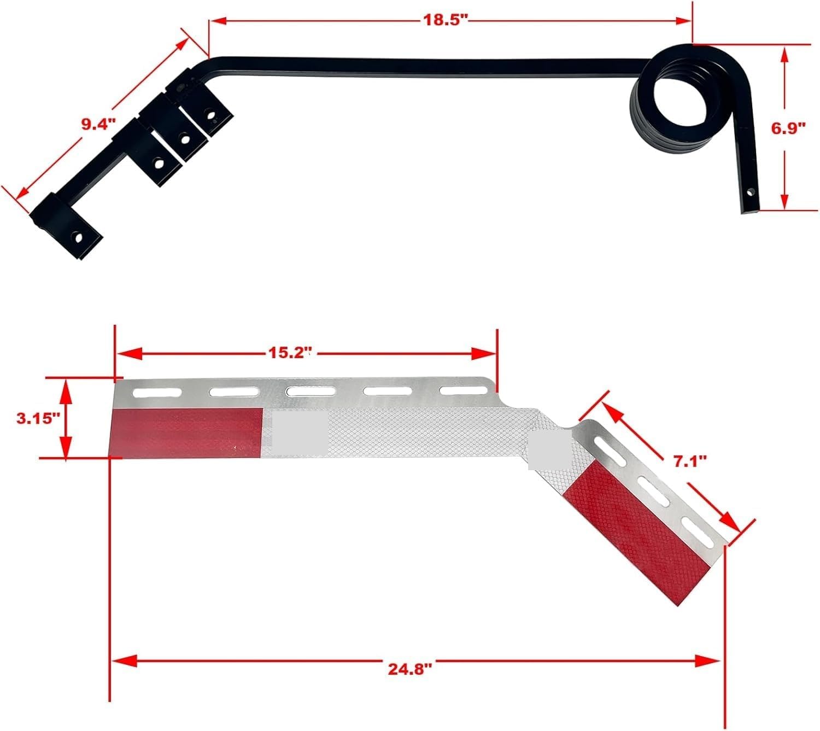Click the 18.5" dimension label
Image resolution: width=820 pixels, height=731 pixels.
coord(446,21)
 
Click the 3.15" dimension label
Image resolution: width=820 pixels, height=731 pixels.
coord(38,419)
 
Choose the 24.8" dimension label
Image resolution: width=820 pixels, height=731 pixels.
coord(410,669)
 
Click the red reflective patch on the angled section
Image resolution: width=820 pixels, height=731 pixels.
coord(637,525)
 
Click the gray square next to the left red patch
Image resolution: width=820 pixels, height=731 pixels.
coord(300,432)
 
